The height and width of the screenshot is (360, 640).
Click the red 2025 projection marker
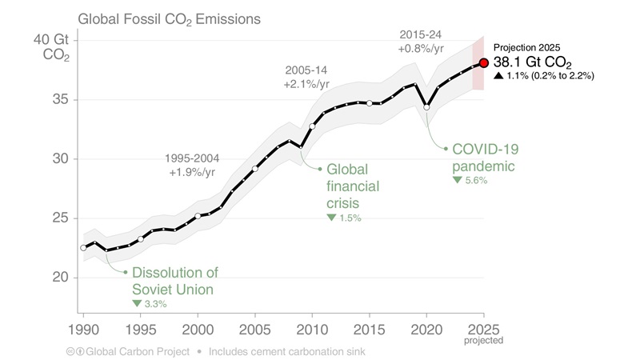coord(483,63)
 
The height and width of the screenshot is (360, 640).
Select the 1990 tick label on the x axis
coord(83,329)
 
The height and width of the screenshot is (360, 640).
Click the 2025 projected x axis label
coord(483,332)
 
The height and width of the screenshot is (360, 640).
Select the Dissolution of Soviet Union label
coord(174,281)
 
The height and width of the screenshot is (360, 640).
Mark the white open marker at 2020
coord(426,107)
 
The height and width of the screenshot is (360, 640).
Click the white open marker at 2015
coord(370,103)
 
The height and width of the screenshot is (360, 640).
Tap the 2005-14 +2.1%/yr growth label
coord(306,77)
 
